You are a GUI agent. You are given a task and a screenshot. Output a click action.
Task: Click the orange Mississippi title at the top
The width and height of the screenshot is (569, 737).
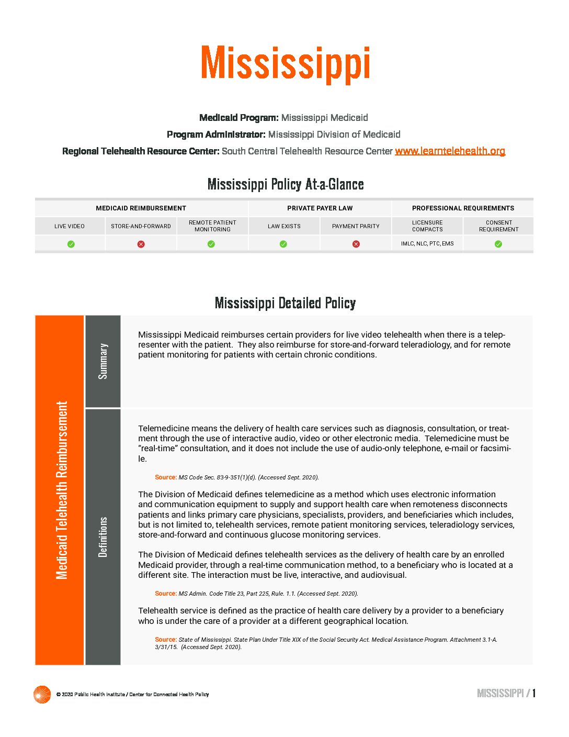[285, 63]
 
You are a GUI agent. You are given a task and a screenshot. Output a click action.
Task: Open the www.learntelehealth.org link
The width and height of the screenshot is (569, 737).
[450, 151]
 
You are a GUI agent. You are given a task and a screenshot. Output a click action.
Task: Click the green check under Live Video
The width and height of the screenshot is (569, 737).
[71, 244]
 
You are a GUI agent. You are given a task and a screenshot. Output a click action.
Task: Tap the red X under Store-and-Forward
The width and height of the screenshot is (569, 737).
[141, 244]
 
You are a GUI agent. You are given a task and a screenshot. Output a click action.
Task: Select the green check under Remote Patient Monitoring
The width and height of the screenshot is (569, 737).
[211, 244]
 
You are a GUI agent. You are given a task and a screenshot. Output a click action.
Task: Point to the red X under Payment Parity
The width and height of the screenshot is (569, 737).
[356, 244]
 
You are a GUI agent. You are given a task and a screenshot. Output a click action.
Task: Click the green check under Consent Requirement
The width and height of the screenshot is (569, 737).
[498, 244]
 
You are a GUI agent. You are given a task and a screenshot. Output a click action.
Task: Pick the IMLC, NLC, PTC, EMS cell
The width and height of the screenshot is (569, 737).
[427, 244]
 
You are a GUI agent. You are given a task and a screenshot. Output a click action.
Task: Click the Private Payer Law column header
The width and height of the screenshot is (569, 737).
[320, 208]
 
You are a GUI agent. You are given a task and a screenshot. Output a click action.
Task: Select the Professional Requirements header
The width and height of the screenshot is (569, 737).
[463, 208]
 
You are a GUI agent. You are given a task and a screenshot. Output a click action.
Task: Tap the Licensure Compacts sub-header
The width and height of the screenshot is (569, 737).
[427, 226]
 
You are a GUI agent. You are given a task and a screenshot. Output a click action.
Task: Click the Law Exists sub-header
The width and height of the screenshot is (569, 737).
[284, 226]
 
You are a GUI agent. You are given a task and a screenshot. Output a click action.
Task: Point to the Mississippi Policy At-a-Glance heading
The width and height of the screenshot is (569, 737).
[286, 184]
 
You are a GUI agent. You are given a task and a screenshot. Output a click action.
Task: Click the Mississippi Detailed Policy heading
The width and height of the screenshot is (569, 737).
[285, 303]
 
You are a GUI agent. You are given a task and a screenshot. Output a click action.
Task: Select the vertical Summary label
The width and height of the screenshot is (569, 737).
[103, 361]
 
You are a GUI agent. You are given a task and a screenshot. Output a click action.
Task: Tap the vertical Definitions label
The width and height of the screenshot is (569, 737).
[103, 537]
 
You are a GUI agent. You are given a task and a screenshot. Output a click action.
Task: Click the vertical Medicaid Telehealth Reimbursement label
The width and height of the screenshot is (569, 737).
[62, 490]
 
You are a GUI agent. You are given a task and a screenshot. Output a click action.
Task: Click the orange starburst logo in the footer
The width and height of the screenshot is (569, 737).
[42, 695]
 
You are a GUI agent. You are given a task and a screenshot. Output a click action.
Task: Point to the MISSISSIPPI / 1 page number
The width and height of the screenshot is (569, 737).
[506, 694]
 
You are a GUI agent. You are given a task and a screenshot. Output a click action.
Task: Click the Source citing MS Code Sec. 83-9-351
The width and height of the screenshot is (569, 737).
[237, 477]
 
